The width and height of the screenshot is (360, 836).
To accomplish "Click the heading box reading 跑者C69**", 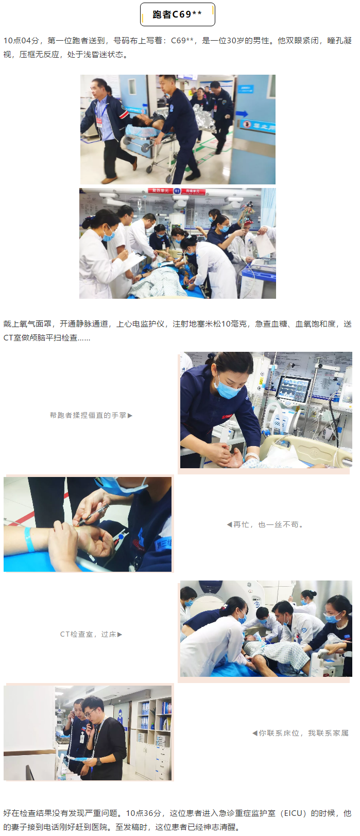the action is coord(178,14).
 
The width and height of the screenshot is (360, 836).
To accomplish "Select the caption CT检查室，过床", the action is coord(88,635).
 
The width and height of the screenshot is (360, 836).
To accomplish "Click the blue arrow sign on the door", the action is coord(242,113).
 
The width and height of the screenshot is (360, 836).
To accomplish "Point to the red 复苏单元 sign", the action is coord(160,191).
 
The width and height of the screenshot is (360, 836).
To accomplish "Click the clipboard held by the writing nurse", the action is coord(133,261).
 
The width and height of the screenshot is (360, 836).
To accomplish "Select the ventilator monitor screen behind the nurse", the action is coord(295,389).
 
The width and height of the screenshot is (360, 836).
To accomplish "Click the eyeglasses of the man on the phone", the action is coord(90,713).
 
